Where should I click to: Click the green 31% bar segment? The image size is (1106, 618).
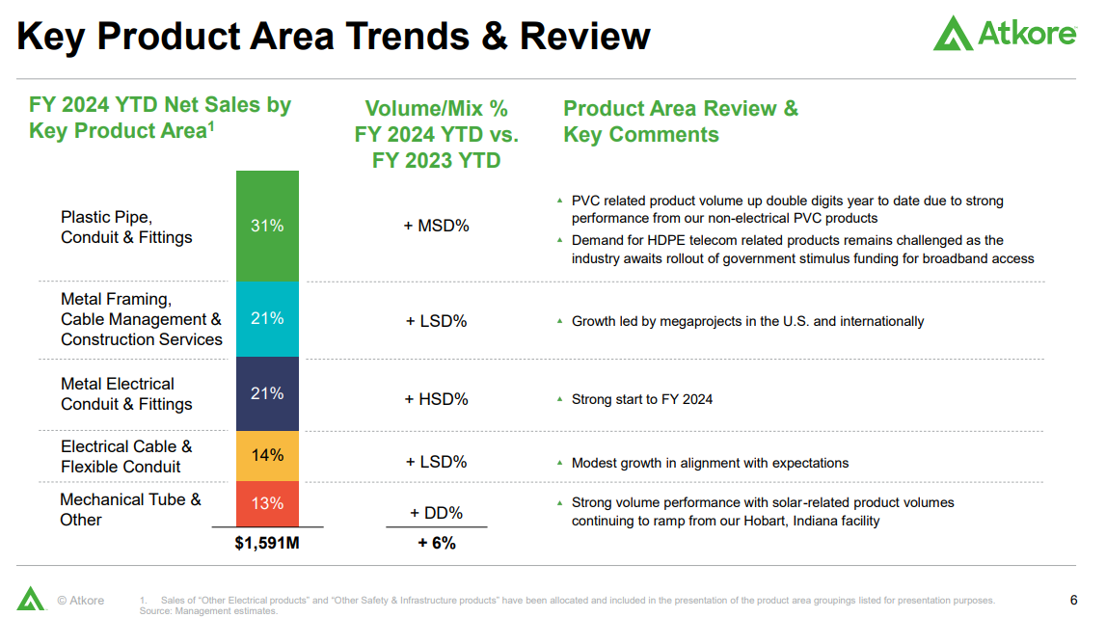pyautogui.click(x=267, y=226)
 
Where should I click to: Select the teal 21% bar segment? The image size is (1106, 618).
pyautogui.click(x=267, y=318)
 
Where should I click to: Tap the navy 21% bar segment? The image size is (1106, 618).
pyautogui.click(x=267, y=393)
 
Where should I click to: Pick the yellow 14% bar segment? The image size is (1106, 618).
pyautogui.click(x=267, y=455)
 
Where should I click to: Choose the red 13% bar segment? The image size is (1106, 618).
pyautogui.click(x=267, y=503)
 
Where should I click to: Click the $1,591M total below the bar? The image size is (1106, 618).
pyautogui.click(x=267, y=544)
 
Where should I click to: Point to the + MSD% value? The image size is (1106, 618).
pyautogui.click(x=436, y=226)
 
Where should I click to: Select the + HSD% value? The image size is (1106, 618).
pyautogui.click(x=436, y=398)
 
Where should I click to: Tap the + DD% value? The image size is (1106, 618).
pyautogui.click(x=436, y=513)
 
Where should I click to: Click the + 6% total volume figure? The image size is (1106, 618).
pyautogui.click(x=436, y=544)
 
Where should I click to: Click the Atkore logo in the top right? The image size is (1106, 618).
pyautogui.click(x=1004, y=34)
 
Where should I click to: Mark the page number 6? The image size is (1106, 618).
pyautogui.click(x=1074, y=600)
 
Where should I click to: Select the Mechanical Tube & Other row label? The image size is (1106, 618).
pyautogui.click(x=130, y=509)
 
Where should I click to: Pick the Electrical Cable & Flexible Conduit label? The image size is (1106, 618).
pyautogui.click(x=126, y=456)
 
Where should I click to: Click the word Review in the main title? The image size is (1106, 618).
pyautogui.click(x=584, y=37)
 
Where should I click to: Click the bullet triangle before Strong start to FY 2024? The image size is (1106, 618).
pyautogui.click(x=559, y=398)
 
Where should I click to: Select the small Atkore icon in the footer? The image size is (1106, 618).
pyautogui.click(x=31, y=599)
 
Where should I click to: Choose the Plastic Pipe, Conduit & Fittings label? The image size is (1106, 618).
pyautogui.click(x=126, y=228)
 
